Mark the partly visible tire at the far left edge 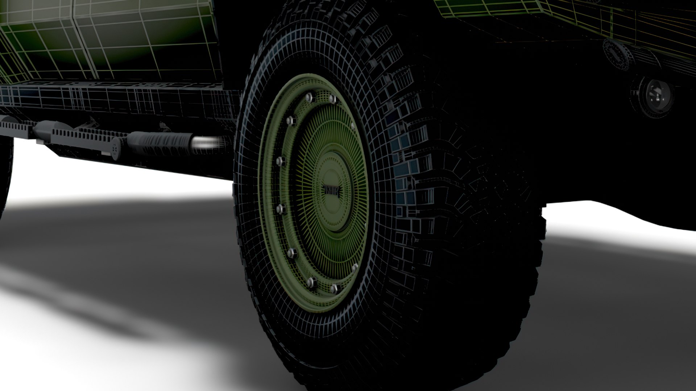pos(5,174)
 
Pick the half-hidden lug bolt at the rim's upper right pos(352,125)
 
